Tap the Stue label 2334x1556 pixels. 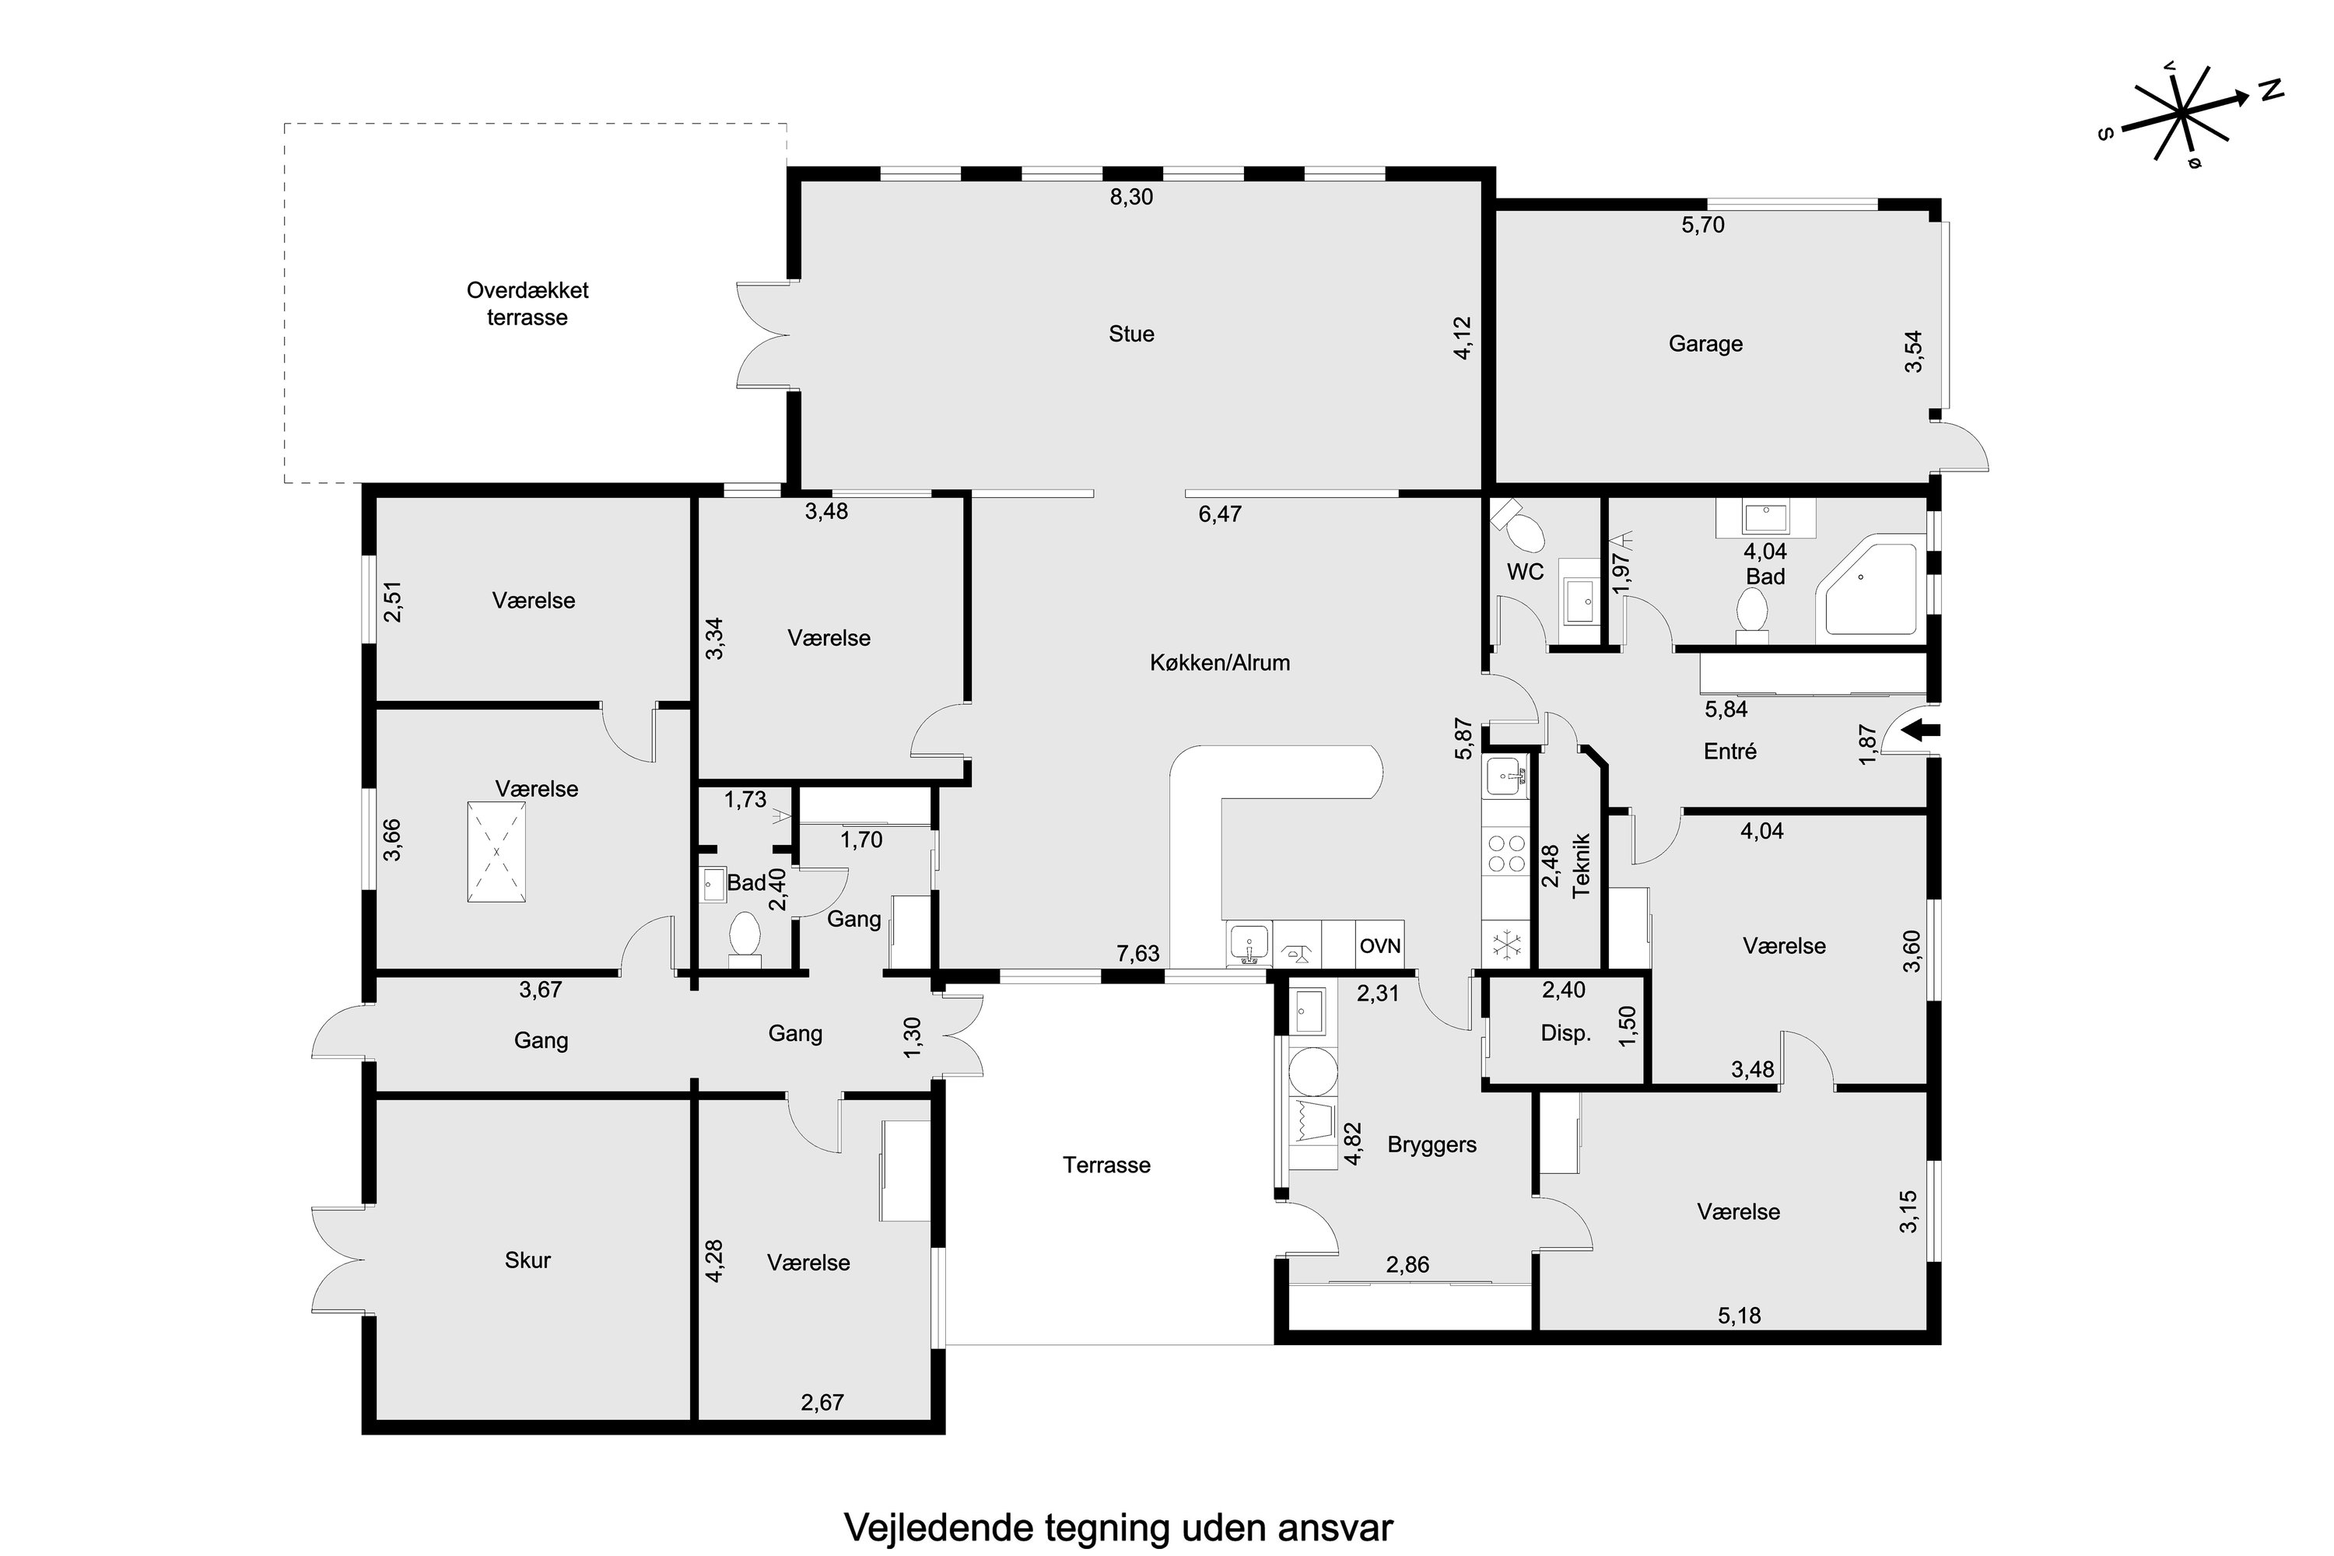pos(1131,334)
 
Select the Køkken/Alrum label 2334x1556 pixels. pos(1220,662)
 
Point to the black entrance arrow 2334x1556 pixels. pos(1922,731)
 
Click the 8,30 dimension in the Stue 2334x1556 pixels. pos(1131,197)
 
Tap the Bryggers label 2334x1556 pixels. pos(1432,1144)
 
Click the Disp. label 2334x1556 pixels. pos(1566,1033)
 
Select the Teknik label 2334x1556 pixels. pos(1582,865)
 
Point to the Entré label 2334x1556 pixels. pos(1729,752)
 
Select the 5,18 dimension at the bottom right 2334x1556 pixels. pos(1740,1315)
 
